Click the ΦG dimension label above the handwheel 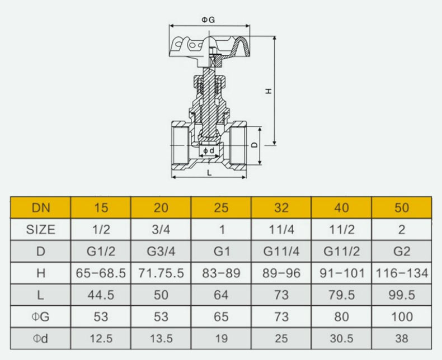[x=208, y=20]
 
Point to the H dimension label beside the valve [x=269, y=91]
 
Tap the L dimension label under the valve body [x=209, y=172]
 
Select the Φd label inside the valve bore [x=209, y=151]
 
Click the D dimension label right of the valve [x=255, y=145]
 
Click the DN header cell [x=41, y=207]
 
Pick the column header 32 [x=281, y=207]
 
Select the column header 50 [x=402, y=207]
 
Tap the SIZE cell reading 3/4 [x=161, y=230]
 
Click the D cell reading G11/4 [x=281, y=251]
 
